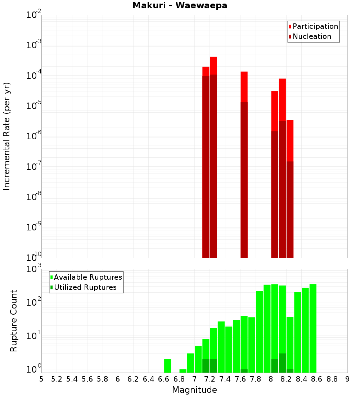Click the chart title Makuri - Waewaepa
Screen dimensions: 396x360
pos(180,5)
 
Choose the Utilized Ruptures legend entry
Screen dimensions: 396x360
pos(85,287)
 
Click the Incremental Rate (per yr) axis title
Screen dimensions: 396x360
pos(7,136)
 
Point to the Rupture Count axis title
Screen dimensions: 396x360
pos(14,320)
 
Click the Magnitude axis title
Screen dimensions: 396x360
pos(194,390)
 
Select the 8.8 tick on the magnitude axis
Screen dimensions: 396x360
pos(332,379)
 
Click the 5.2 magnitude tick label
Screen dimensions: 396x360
pos(57,379)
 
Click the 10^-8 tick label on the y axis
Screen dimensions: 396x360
pos(34,197)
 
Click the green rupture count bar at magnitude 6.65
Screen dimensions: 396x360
pos(167,366)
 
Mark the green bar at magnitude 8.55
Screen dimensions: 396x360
pos(313,328)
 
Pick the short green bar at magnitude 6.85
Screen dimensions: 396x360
pos(183,371)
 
